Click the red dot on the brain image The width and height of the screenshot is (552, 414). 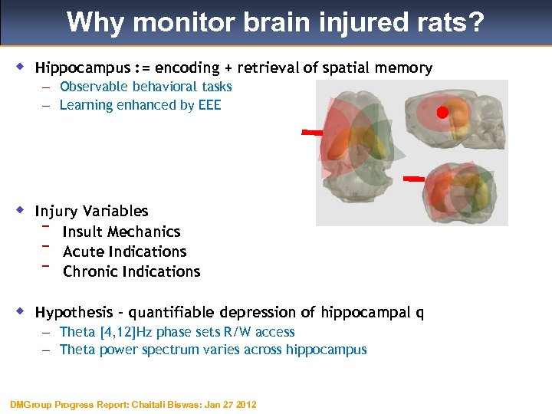click(442, 113)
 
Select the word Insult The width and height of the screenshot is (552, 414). click(83, 232)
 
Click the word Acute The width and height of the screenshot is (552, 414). click(83, 251)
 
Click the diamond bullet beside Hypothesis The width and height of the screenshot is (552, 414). click(22, 311)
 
